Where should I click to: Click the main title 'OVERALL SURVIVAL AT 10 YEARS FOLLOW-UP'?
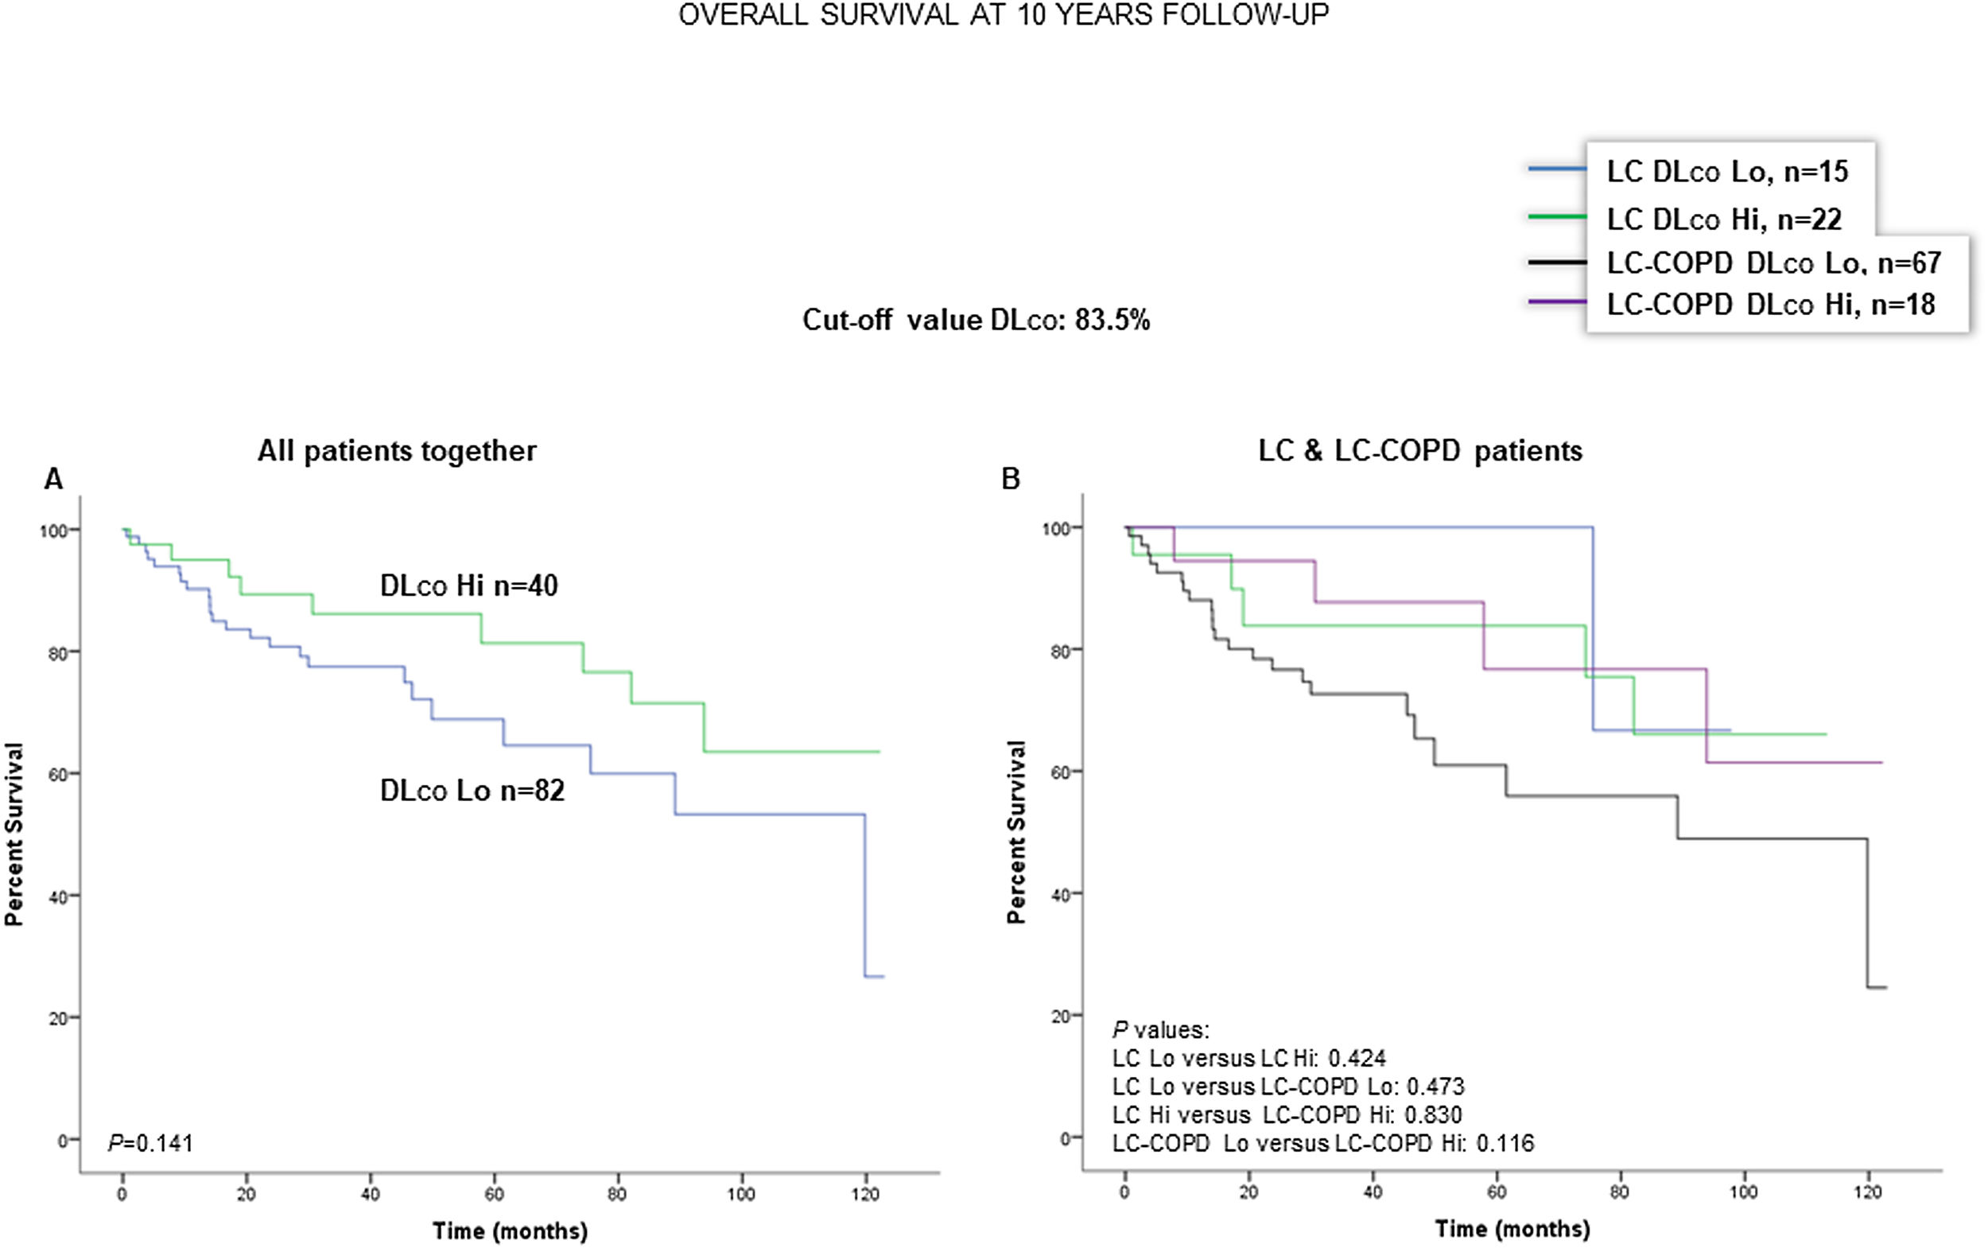tap(1003, 15)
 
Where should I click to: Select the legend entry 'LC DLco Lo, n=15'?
tap(1726, 172)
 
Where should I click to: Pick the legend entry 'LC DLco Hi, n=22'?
tap(1723, 220)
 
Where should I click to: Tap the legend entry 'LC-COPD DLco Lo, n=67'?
tap(1773, 263)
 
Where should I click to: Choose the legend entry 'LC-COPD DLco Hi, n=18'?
tap(1770, 305)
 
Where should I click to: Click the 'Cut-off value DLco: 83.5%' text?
tap(976, 320)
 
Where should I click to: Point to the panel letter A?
tap(52, 479)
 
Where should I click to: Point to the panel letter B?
tap(1010, 479)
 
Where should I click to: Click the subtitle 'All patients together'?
tap(397, 451)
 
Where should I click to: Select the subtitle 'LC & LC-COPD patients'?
tap(1419, 451)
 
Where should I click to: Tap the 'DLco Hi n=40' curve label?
tap(468, 585)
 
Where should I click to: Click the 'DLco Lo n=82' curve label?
tap(472, 791)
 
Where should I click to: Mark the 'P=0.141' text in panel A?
tap(150, 1143)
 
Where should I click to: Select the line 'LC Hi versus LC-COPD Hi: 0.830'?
tap(1287, 1115)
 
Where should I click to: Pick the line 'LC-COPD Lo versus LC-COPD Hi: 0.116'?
tap(1323, 1143)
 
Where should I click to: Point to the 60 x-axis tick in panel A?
tap(494, 1195)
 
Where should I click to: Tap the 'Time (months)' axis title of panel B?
tap(1512, 1229)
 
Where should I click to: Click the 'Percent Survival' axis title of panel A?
tap(14, 834)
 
